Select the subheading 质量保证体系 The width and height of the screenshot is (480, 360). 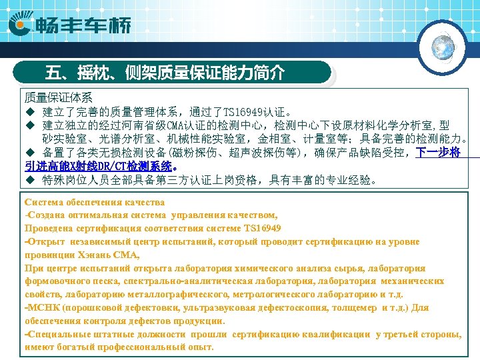click(x=59, y=97)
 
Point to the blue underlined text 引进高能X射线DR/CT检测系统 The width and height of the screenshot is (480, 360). click(x=100, y=166)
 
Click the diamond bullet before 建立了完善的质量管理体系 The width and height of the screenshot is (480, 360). click(x=29, y=111)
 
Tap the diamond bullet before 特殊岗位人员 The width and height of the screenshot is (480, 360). click(x=29, y=180)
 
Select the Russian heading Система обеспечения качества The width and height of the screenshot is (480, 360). click(x=94, y=202)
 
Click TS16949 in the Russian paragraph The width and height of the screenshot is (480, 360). click(x=261, y=228)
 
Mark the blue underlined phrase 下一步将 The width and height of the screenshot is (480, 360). click(x=438, y=153)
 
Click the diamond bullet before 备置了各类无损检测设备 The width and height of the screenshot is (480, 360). click(x=29, y=153)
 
